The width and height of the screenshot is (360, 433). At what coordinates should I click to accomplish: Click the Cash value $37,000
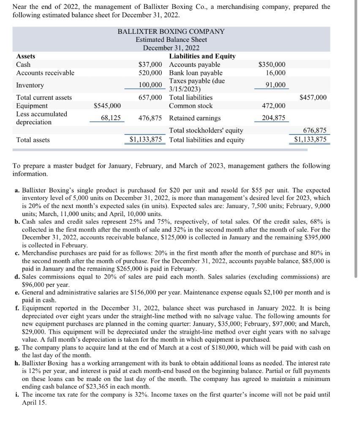click(150, 65)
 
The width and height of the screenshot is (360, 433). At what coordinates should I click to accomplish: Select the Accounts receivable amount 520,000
click(150, 73)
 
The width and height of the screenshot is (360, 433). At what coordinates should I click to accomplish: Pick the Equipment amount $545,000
click(107, 106)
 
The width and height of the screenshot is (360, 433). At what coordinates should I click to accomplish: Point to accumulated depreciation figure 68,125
click(110, 118)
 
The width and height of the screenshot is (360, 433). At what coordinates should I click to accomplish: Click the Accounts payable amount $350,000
click(272, 65)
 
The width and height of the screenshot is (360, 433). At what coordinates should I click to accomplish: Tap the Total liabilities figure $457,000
click(313, 98)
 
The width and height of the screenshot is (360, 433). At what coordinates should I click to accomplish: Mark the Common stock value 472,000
click(273, 106)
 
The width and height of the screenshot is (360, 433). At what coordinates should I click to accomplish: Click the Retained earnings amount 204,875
click(273, 118)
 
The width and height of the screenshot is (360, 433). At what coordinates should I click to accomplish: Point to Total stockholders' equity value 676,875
click(315, 131)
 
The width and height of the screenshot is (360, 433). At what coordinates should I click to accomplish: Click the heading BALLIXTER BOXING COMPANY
click(171, 32)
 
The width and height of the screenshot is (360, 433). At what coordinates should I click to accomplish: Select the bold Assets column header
click(25, 56)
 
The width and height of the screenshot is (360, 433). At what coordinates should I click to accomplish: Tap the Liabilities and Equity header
click(202, 56)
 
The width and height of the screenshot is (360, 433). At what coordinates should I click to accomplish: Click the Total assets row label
click(33, 140)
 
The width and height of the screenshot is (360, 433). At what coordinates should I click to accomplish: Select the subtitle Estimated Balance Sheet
click(171, 40)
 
